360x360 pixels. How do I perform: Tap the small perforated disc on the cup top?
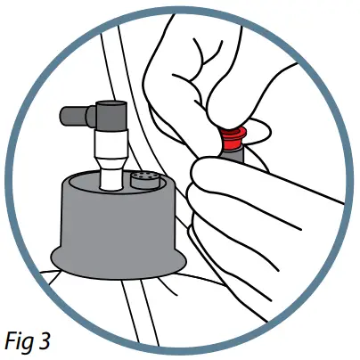tap(142, 180)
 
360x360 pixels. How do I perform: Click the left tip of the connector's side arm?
tap(64, 114)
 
